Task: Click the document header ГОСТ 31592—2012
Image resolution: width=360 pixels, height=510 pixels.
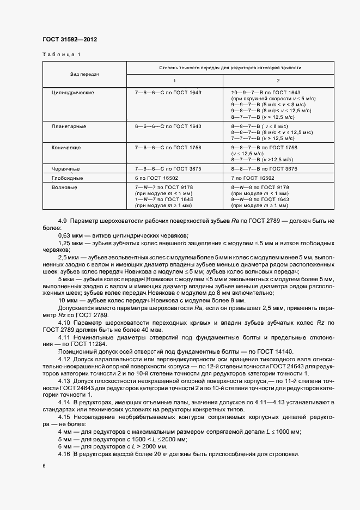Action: click(69, 40)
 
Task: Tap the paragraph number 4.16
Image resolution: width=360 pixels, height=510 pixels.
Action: click(63, 454)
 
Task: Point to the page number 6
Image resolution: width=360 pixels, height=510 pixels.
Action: click(44, 466)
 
